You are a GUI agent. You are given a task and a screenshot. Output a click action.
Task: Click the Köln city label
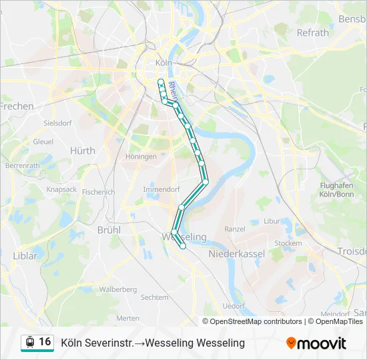pyautogui.click(x=163, y=62)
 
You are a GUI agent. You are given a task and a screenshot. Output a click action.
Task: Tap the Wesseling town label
pyautogui.click(x=185, y=237)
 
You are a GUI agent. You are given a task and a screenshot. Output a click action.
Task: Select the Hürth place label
pyautogui.click(x=83, y=151)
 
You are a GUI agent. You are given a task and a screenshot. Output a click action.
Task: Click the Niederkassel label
pyautogui.click(x=237, y=254)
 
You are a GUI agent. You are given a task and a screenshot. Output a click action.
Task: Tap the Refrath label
pyautogui.click(x=312, y=32)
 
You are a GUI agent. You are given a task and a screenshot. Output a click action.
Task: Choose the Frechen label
pyautogui.click(x=17, y=106)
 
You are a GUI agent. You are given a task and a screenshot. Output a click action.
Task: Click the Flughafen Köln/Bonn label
pyautogui.click(x=336, y=190)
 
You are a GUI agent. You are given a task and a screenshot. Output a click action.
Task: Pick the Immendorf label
pyautogui.click(x=161, y=189)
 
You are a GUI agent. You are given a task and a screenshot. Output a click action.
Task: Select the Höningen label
pyautogui.click(x=140, y=157)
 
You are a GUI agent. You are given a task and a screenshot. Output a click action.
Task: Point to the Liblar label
pyautogui.click(x=25, y=255)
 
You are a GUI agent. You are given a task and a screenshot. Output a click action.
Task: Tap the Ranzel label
pyautogui.click(x=235, y=229)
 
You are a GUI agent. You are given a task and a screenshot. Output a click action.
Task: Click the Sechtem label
pyautogui.click(x=155, y=297)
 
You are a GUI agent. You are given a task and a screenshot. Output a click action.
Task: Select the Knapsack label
pyautogui.click(x=62, y=189)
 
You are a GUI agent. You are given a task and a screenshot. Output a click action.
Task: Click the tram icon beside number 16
pyautogui.click(x=29, y=342)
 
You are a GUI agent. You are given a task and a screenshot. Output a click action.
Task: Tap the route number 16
pyautogui.click(x=45, y=342)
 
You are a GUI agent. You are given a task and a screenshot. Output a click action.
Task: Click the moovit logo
pyautogui.click(x=316, y=343)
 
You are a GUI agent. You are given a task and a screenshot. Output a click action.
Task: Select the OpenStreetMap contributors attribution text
pyautogui.click(x=252, y=321)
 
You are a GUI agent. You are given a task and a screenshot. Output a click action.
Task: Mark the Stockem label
pyautogui.click(x=288, y=243)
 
